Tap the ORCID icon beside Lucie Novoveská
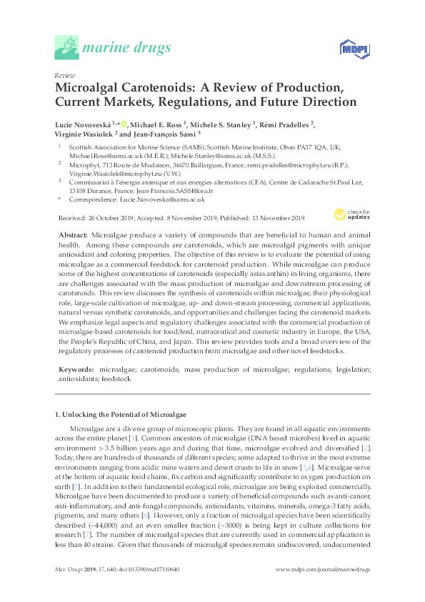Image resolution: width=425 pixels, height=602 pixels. pos(124,124)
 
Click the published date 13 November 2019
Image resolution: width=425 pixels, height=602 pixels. pos(274,217)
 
